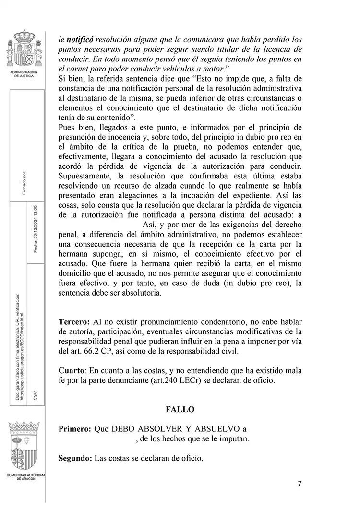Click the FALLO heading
(x=180, y=409)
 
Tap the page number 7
(x=300, y=484)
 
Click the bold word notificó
(x=79, y=40)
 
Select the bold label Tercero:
(x=74, y=322)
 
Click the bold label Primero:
(x=74, y=429)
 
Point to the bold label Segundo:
(x=75, y=458)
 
